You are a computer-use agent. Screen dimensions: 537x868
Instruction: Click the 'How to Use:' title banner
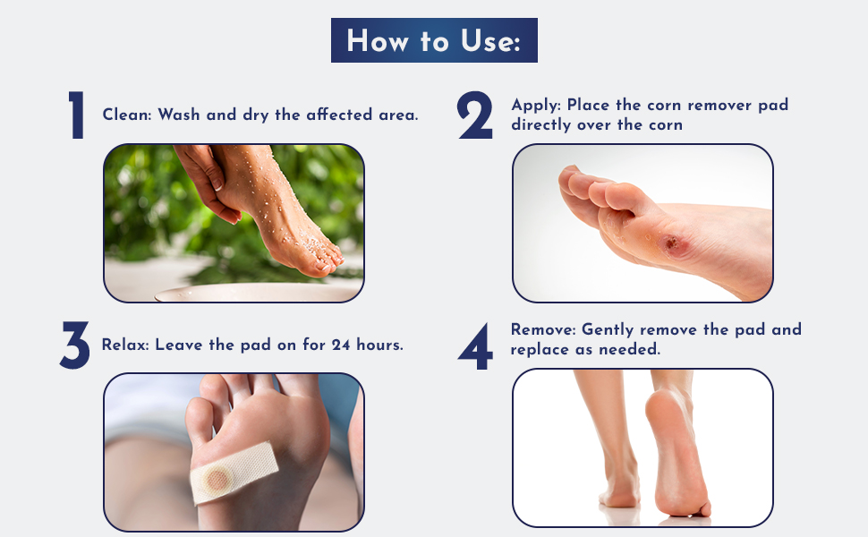point(434,40)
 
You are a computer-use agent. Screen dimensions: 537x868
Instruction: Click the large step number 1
point(78,116)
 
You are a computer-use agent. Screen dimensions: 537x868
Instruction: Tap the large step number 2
point(475,116)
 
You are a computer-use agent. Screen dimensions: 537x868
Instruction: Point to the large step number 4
point(475,348)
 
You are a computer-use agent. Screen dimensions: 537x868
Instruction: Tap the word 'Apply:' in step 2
point(536,105)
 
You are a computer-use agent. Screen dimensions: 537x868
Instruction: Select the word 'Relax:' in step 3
point(125,345)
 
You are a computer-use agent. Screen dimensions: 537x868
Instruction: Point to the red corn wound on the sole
point(669,242)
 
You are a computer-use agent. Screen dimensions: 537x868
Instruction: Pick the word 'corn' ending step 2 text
point(662,124)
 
